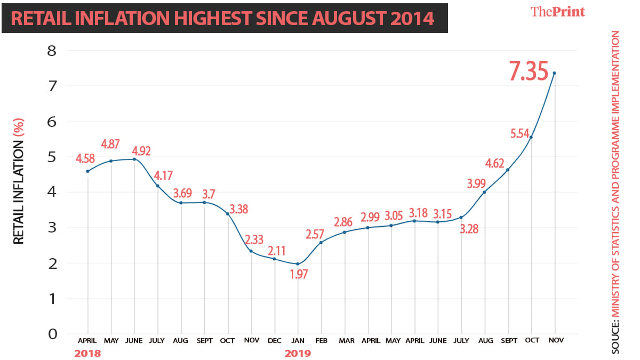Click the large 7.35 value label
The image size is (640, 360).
[528, 71]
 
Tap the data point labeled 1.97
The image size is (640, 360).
[298, 264]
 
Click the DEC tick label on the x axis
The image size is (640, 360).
[274, 340]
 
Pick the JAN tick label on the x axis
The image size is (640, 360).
[298, 340]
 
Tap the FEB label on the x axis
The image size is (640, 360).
[321, 340]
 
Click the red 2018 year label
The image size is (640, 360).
[87, 353]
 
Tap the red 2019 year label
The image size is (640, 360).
[298, 353]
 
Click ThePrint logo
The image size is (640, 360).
[557, 12]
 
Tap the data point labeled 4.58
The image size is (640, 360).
[87, 171]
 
